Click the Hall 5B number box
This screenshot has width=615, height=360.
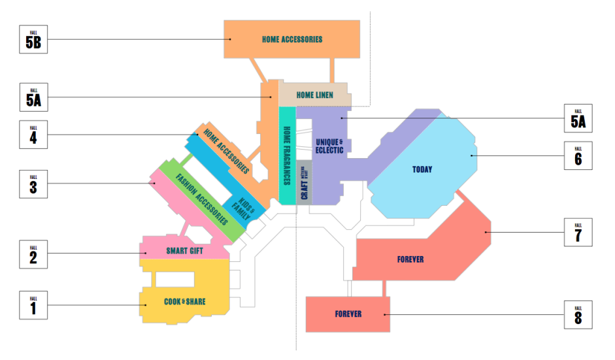pyautogui.click(x=33, y=39)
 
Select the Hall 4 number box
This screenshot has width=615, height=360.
pyautogui.click(x=33, y=135)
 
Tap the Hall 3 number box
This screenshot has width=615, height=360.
pyautogui.click(x=33, y=184)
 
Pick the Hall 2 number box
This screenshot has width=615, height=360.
pyautogui.click(x=33, y=254)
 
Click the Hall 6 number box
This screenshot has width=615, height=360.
pyautogui.click(x=578, y=155)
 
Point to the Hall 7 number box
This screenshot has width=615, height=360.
pyautogui.click(x=578, y=232)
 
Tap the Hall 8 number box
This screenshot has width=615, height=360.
pyautogui.click(x=578, y=314)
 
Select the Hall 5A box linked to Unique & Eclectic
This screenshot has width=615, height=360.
pyautogui.click(x=578, y=118)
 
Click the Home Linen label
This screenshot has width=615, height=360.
pyautogui.click(x=314, y=95)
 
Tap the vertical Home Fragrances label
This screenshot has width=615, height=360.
pyautogui.click(x=286, y=155)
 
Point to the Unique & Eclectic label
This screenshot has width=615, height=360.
pyautogui.click(x=329, y=146)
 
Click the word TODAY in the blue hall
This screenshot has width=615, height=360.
pyautogui.click(x=422, y=170)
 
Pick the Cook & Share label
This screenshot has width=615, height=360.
pyautogui.click(x=185, y=302)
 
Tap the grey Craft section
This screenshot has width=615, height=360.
pyautogui.click(x=305, y=182)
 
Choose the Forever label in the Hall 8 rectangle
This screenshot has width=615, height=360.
pyautogui.click(x=348, y=314)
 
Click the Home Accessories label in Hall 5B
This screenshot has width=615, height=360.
pyautogui.click(x=292, y=39)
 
